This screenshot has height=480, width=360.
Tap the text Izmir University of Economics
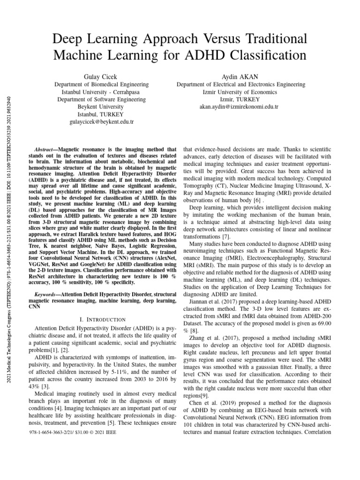point(240,92)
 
